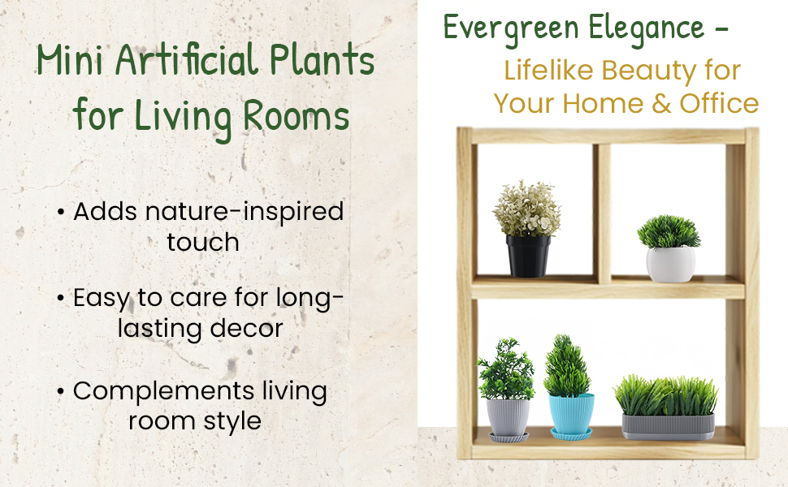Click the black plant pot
click(528, 256)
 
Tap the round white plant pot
click(670, 264)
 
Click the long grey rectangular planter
click(668, 427)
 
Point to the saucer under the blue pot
click(571, 434)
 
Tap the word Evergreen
click(511, 28)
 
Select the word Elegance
click(647, 28)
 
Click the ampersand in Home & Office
click(661, 104)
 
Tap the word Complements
click(164, 391)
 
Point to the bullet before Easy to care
click(61, 299)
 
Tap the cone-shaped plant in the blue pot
click(567, 366)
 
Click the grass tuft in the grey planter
click(666, 395)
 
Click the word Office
click(719, 104)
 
